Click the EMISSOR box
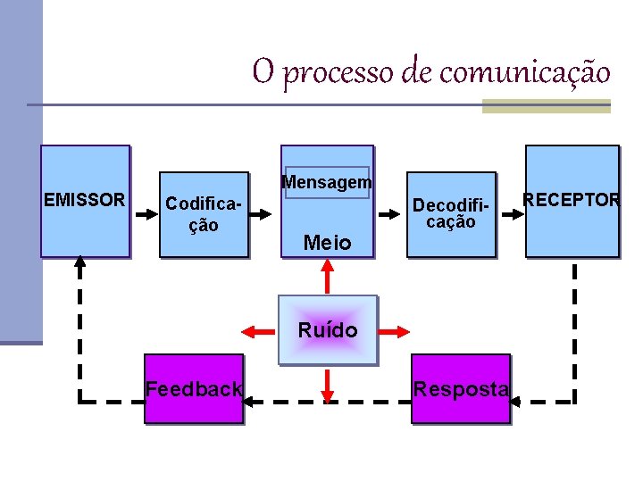85,201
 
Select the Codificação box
204,214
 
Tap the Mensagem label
326,182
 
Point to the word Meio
327,242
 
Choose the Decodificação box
450,214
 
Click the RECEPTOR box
572,201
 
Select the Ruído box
327,330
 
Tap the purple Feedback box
194,389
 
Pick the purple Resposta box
460,389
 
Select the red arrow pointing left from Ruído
260,331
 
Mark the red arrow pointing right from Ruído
394,331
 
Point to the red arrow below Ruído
327,385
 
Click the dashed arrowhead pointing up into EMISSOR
80,262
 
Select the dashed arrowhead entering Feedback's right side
251,403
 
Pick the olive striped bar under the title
546,106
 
